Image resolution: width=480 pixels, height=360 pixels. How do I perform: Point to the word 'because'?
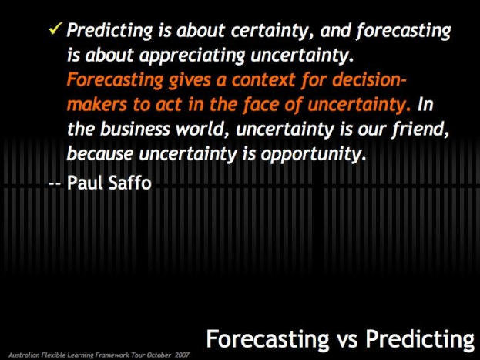tap(96, 153)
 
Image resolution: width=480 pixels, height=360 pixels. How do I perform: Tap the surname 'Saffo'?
tap(133, 185)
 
